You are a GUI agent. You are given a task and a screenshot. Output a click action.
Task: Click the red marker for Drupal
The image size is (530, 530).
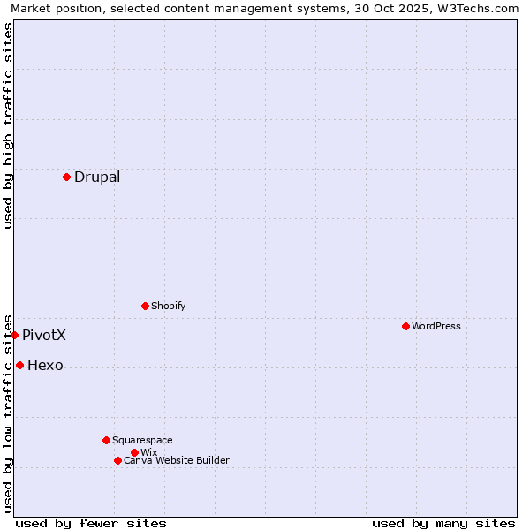(66, 177)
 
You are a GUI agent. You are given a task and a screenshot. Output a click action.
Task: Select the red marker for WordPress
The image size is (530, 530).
(405, 326)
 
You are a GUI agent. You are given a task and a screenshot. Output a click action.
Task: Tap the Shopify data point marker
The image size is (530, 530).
(145, 306)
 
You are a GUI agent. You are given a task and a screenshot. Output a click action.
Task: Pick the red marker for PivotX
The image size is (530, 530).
(15, 335)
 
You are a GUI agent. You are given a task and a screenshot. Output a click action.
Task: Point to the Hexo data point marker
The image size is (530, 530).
(19, 365)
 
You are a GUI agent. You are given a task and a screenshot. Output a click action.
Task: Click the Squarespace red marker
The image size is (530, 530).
(106, 440)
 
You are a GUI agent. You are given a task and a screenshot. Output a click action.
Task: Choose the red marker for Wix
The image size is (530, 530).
(134, 452)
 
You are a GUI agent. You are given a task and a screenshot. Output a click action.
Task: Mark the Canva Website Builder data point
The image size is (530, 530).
(117, 460)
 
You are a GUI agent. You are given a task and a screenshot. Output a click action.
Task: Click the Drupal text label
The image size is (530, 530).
(97, 177)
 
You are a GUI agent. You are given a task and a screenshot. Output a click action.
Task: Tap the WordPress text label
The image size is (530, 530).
(436, 326)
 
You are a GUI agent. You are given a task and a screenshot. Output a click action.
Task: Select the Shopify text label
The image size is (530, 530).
(169, 306)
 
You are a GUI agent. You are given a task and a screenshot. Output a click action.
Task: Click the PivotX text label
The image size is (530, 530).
(44, 335)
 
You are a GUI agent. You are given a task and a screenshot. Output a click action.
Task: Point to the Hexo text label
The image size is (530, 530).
(45, 365)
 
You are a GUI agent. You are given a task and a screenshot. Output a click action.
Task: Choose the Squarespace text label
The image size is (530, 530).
(142, 440)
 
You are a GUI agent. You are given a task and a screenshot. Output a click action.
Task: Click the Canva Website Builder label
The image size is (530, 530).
(177, 460)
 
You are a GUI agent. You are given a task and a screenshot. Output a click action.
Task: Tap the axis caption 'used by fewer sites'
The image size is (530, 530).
(91, 523)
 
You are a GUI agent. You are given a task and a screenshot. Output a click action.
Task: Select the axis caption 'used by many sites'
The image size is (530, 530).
(443, 523)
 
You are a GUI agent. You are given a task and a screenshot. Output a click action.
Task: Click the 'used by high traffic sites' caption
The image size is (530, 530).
(8, 125)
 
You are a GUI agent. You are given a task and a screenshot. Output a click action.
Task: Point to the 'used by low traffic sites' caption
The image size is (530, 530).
(8, 413)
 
